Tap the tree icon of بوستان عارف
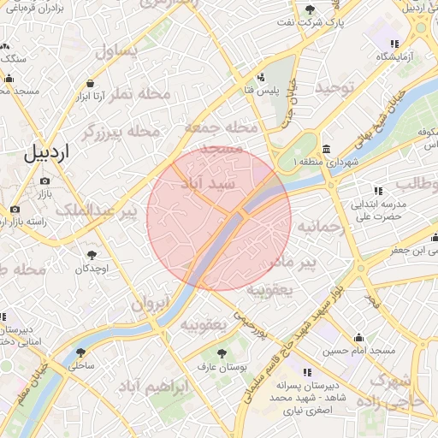(x=222, y=352)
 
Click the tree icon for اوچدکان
(x=92, y=255)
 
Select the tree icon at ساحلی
(x=80, y=352)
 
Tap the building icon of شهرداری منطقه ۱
(x=328, y=146)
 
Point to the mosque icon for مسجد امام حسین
(x=358, y=336)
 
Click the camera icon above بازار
(x=44, y=181)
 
